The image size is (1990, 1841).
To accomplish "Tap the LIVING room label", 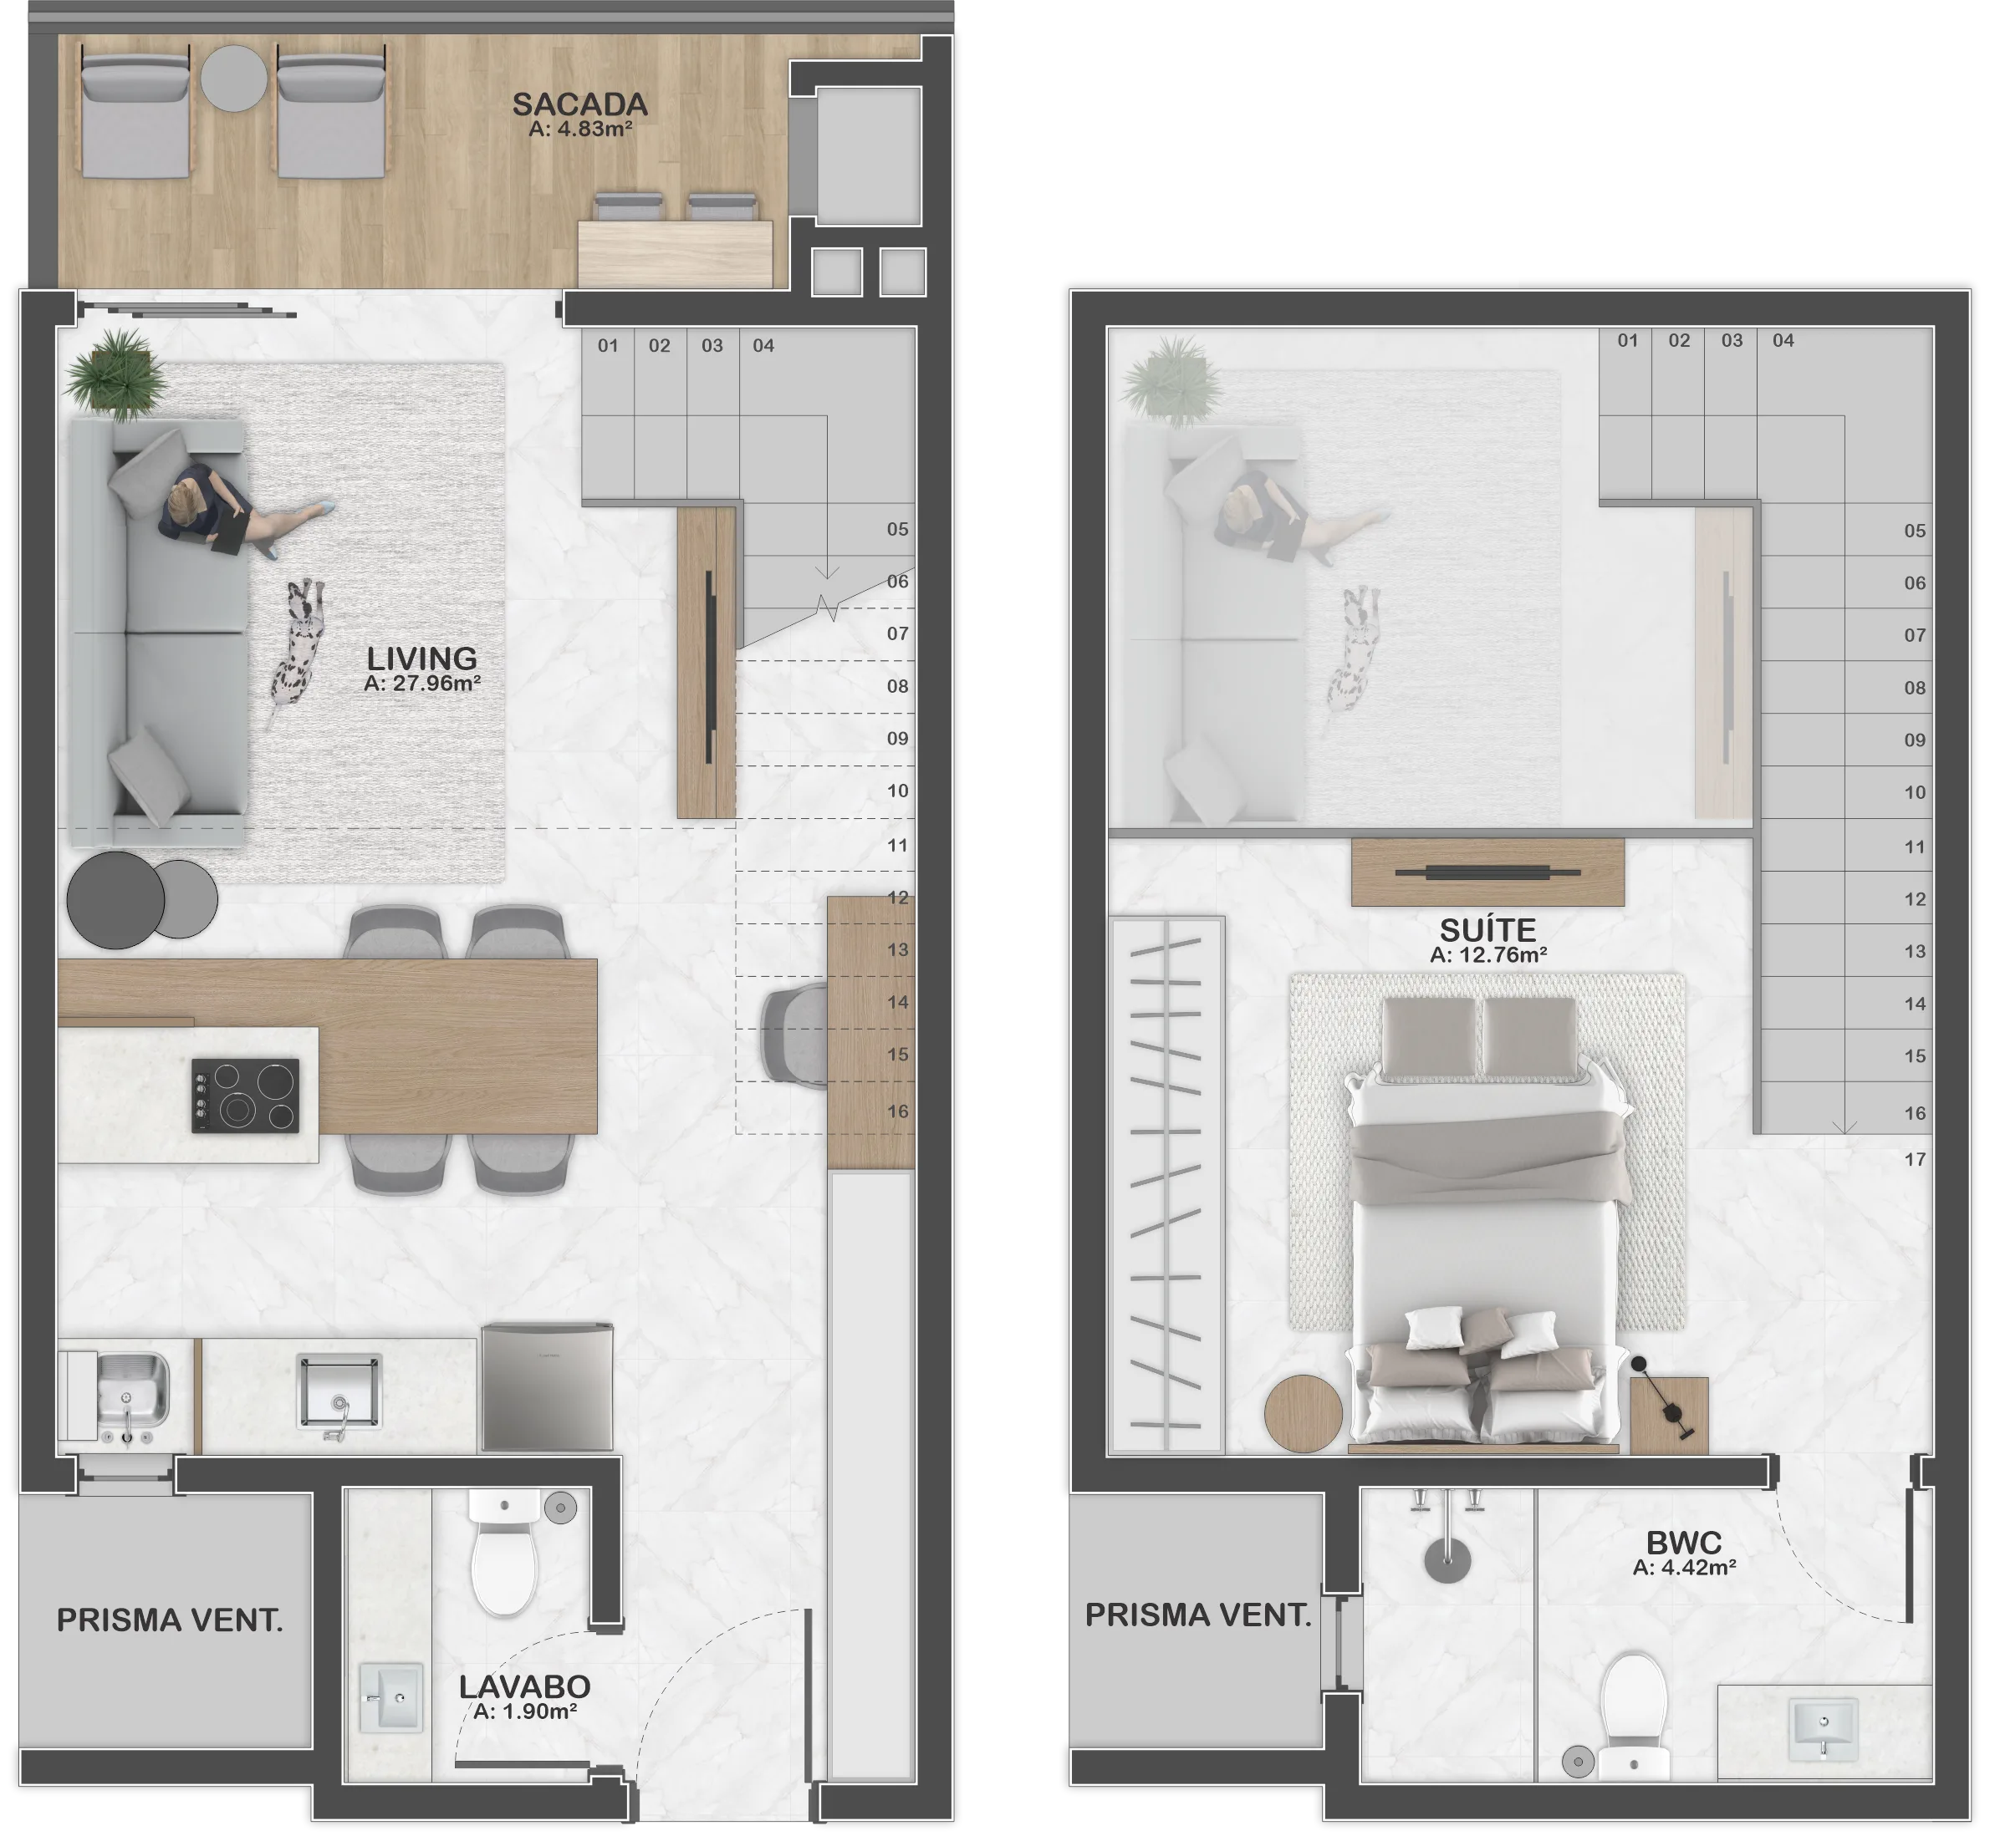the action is pos(421,658).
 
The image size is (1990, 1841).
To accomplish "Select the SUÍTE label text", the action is pos(1487,929).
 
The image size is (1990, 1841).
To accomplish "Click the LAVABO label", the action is pos(524,1686).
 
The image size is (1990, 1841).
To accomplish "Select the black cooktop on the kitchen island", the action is pos(245,1095).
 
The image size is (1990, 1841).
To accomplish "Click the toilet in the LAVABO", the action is pos(504,1552).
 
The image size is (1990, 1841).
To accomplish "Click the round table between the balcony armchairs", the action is pos(234,79).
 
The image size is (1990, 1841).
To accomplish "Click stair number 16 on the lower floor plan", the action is pos(897,1111).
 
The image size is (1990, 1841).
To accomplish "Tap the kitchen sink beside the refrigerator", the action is pos(339,1391).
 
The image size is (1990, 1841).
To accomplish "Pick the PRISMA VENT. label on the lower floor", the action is pos(170,1620).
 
